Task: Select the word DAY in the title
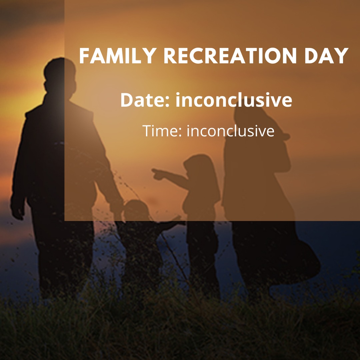[326, 56]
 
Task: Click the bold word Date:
[145, 100]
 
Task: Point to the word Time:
[162, 131]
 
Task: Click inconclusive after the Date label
[234, 100]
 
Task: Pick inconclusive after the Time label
[231, 131]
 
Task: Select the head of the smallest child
[136, 210]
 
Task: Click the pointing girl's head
[197, 166]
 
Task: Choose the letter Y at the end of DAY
[342, 56]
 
